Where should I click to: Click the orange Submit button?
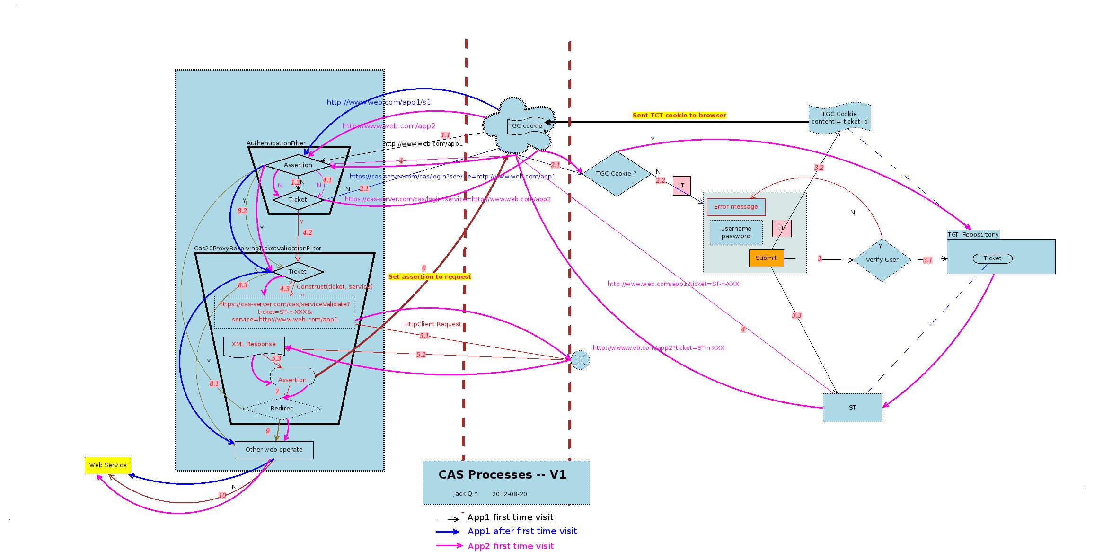(766, 258)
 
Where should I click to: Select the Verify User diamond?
(882, 260)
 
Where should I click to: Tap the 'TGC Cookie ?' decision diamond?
(616, 174)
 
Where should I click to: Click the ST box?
(852, 408)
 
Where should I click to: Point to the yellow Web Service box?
(108, 465)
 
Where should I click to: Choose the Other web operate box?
(274, 450)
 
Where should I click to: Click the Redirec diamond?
(282, 409)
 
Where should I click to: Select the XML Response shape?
(254, 345)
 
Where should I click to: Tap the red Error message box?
(736, 207)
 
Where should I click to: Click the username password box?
(736, 232)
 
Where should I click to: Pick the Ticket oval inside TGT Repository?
(992, 258)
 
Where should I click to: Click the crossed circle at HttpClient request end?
(580, 360)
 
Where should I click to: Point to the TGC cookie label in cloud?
(525, 126)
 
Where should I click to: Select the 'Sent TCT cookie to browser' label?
(679, 116)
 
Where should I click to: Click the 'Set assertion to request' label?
(430, 277)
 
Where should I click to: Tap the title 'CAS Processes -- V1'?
(502, 475)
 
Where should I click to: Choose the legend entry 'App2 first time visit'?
(511, 546)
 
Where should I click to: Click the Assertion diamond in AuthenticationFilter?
(298, 165)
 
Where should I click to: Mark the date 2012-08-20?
(509, 494)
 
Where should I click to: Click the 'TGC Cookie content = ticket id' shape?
(839, 118)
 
